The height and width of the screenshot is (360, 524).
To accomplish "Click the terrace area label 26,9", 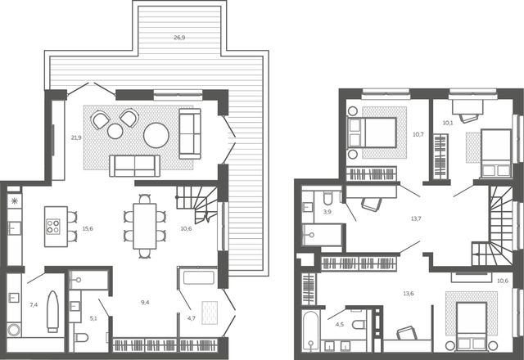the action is (179, 38).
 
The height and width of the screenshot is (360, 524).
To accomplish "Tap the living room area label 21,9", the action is (76, 137).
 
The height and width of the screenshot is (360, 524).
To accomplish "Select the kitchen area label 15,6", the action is (88, 229).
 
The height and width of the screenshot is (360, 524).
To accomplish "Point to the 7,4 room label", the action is (34, 304).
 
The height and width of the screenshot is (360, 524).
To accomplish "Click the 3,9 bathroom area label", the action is (327, 212).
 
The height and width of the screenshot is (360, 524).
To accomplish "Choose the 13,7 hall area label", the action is (416, 218).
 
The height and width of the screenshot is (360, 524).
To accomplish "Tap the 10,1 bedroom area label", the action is (448, 123).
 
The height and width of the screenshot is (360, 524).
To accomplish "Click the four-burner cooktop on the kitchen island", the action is (52, 227).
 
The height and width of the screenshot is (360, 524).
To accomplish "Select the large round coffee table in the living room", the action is (156, 135).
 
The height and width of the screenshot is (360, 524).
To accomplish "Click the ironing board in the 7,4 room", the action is (52, 312).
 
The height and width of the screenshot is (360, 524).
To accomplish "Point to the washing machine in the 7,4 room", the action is (14, 330).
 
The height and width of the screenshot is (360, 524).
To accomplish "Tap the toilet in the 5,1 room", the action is (81, 338).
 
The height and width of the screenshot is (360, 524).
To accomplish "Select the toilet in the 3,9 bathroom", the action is (327, 198).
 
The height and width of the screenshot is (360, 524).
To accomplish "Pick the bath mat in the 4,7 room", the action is (210, 313).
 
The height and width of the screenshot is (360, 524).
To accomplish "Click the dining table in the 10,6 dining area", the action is (145, 226).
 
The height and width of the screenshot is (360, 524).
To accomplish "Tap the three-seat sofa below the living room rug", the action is (134, 166).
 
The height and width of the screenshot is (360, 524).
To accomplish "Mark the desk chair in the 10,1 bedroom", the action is (468, 118).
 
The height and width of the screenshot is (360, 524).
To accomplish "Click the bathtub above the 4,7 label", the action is (199, 278).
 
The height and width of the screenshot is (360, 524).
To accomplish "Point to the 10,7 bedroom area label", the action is (418, 134).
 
